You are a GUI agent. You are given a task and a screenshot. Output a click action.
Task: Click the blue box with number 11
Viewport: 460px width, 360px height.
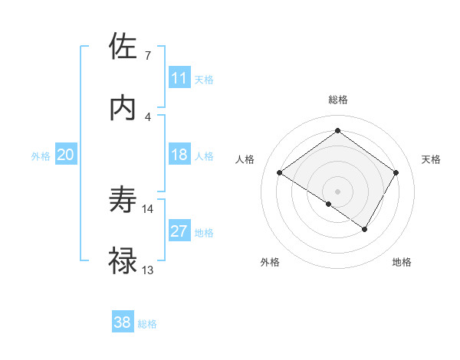179,77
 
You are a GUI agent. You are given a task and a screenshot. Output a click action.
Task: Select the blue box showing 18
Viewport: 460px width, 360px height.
179,155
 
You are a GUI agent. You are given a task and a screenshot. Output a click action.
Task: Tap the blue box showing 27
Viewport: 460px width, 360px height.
179,231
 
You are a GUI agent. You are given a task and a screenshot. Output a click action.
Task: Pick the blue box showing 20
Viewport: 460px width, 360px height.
65,155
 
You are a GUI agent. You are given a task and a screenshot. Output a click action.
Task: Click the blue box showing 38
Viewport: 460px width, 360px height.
123,322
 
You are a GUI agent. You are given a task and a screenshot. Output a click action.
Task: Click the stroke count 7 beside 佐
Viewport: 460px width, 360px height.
147,56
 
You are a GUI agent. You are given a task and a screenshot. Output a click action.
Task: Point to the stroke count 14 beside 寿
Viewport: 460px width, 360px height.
148,208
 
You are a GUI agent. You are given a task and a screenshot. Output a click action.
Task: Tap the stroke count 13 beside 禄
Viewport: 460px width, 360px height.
148,270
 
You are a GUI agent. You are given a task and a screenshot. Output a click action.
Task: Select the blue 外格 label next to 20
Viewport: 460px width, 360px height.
41,155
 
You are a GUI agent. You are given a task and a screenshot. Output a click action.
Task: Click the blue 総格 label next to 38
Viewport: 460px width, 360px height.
147,324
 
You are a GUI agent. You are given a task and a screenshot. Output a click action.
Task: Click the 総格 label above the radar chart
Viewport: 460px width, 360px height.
337,100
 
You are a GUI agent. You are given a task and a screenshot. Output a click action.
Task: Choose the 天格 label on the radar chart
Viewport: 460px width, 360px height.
431,159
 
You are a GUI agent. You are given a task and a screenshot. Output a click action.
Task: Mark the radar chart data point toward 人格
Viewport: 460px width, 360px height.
280,173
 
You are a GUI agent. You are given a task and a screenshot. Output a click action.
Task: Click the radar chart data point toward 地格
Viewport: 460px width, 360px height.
365,229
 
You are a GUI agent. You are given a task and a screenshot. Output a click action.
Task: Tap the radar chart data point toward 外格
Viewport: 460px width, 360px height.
329,204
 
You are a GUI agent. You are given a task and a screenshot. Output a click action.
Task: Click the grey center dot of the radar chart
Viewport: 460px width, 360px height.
337,191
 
